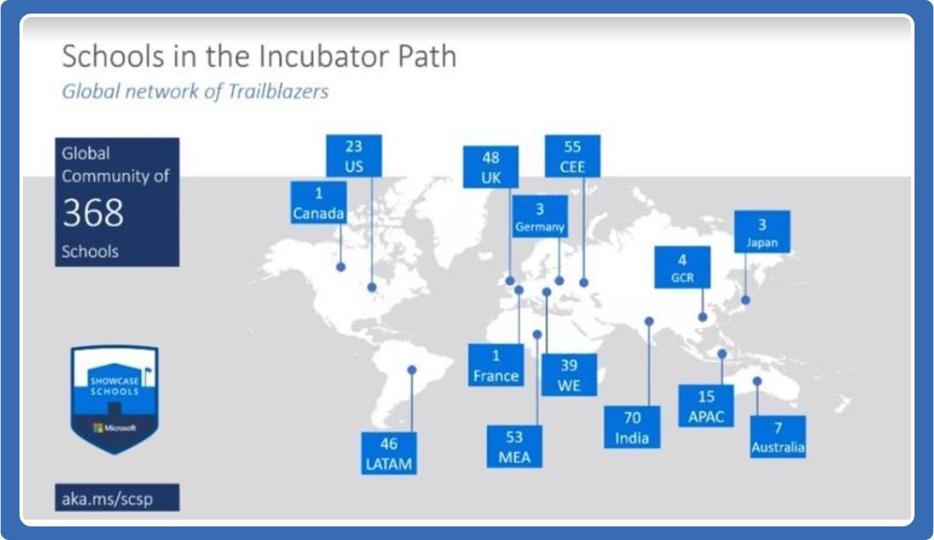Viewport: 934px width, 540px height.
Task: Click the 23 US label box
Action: tap(354, 156)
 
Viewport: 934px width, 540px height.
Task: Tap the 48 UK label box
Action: tap(490, 167)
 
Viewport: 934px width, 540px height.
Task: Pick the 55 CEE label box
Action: tap(572, 156)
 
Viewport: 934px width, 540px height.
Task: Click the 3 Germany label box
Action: tap(540, 217)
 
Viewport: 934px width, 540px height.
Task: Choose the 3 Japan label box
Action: tap(762, 232)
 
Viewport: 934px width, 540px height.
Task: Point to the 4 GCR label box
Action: tap(682, 267)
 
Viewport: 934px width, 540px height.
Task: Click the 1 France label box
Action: tap(496, 365)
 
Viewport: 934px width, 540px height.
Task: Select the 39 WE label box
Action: tap(569, 375)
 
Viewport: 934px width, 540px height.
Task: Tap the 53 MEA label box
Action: tap(515, 447)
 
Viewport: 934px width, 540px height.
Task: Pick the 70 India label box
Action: tap(632, 427)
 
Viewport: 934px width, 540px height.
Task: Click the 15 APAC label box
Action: tap(706, 405)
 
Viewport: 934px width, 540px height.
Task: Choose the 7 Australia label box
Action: tap(778, 436)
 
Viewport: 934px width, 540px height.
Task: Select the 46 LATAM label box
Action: tap(389, 453)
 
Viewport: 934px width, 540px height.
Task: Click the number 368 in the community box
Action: tap(93, 213)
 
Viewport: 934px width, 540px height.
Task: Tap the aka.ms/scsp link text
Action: tap(108, 498)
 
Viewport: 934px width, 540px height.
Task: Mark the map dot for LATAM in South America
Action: tap(412, 369)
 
